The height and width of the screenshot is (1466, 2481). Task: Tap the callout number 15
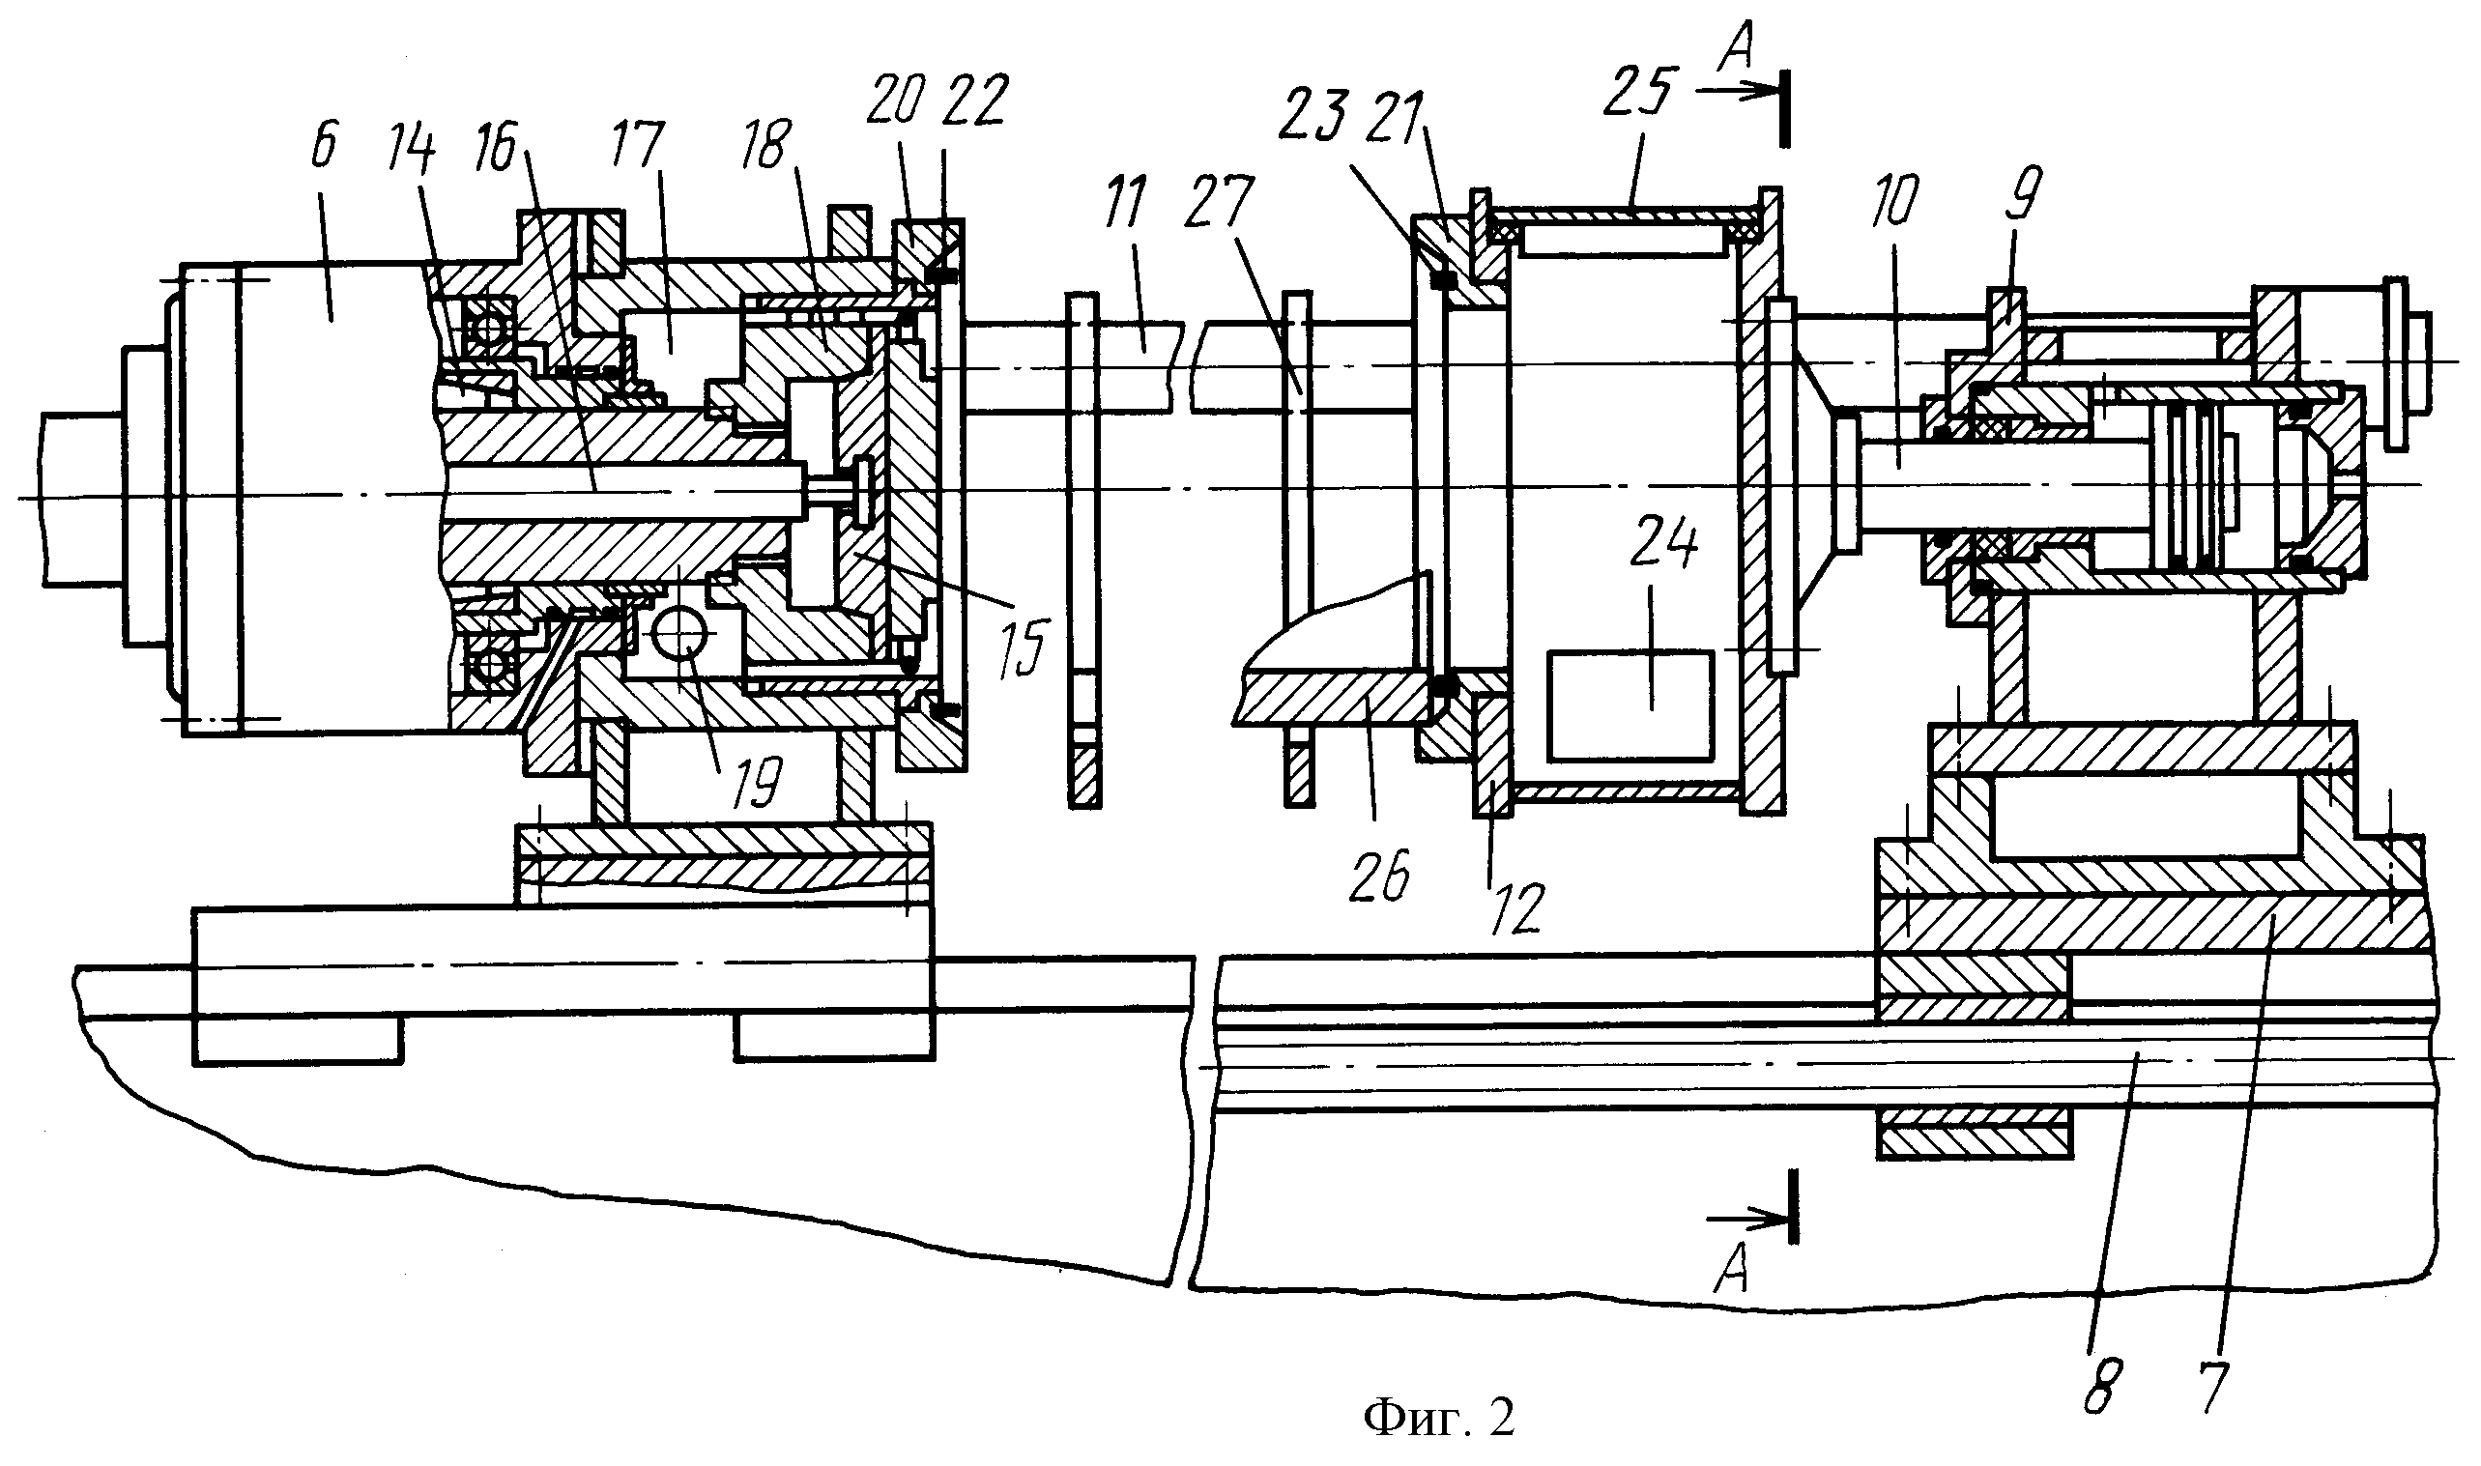pyautogui.click(x=1021, y=647)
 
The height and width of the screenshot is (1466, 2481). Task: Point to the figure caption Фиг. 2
pyautogui.click(x=1438, y=1419)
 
